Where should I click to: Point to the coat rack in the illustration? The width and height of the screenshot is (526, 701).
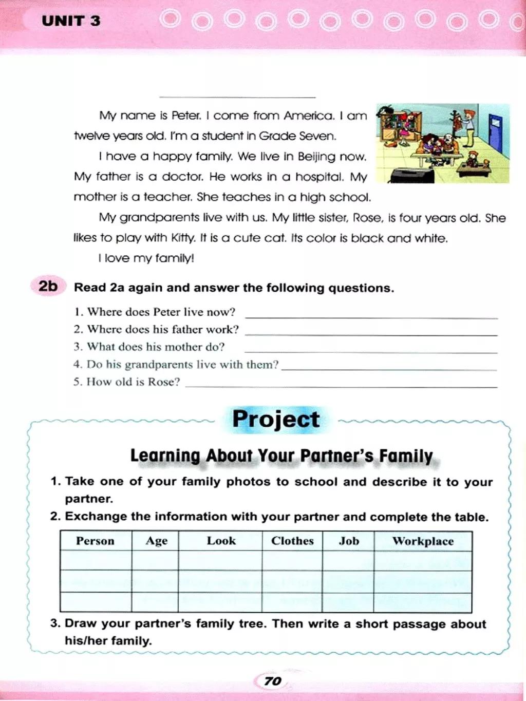click(455, 123)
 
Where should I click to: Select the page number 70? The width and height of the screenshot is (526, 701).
click(272, 681)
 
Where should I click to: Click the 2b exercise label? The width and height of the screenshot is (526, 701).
click(48, 286)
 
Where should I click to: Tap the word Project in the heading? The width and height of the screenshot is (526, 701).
click(276, 419)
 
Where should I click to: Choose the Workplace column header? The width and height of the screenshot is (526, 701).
click(423, 541)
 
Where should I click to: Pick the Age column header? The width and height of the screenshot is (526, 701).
click(156, 541)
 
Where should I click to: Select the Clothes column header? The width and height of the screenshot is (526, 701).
click(292, 541)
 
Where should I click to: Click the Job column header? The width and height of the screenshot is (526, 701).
click(349, 541)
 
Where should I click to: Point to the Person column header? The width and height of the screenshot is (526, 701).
click(95, 541)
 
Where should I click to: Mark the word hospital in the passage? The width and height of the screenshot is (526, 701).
click(320, 177)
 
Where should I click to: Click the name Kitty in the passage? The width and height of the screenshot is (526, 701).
click(183, 238)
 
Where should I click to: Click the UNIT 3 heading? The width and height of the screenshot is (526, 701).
click(71, 21)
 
